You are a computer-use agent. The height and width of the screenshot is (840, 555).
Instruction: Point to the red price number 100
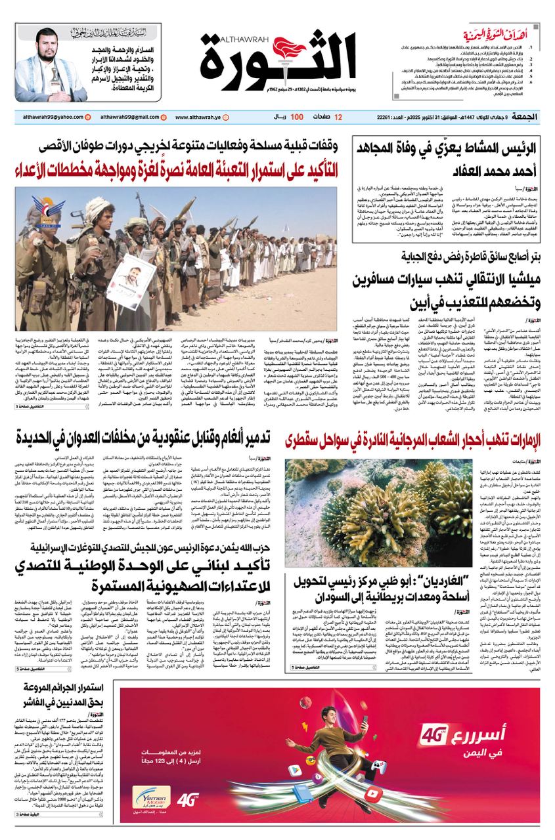coord(296,117)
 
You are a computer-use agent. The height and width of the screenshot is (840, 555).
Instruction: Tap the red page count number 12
coord(338,117)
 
